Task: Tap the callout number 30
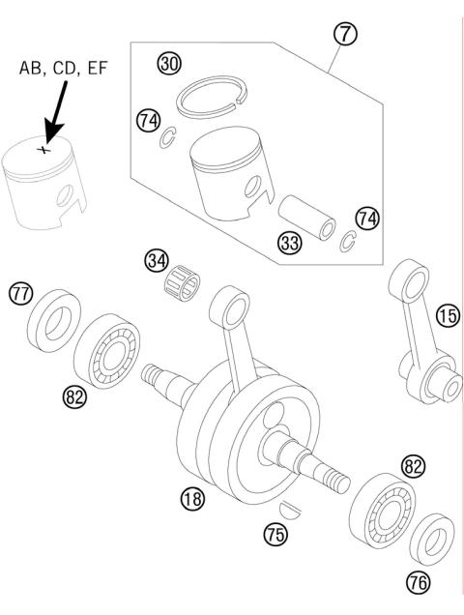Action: click(170, 64)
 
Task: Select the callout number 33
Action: click(289, 244)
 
